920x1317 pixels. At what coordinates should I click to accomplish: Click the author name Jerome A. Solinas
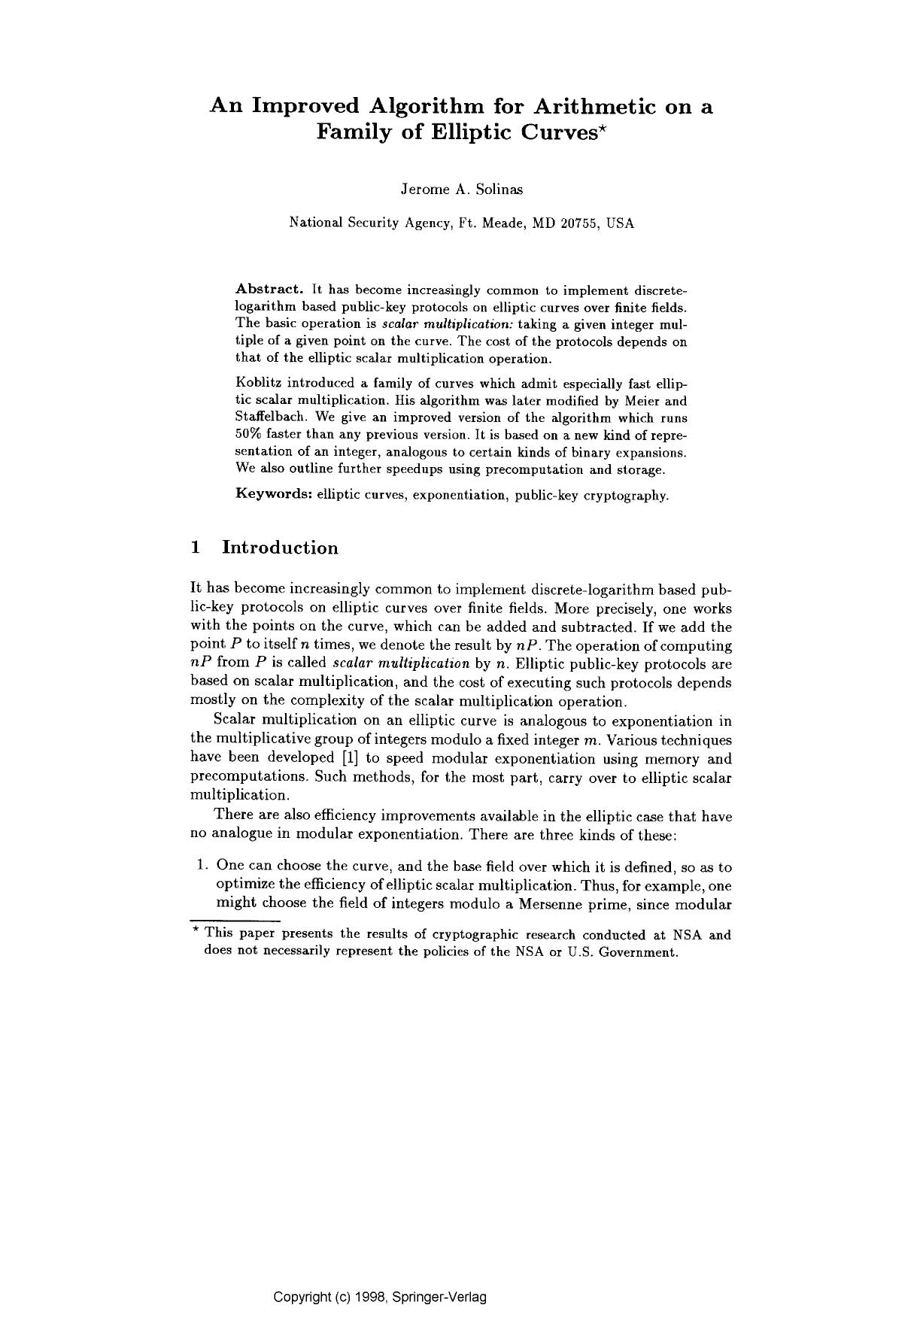(x=461, y=190)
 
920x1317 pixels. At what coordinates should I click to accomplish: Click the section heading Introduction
(x=280, y=548)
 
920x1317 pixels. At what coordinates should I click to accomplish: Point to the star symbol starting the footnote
(x=196, y=932)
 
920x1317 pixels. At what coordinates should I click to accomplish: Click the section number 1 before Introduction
(x=196, y=548)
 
